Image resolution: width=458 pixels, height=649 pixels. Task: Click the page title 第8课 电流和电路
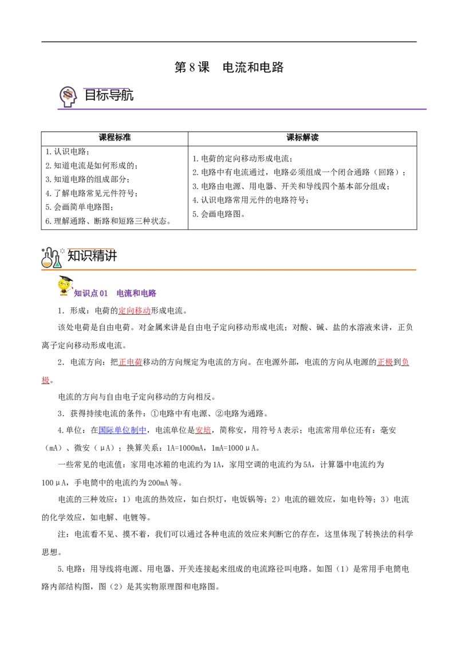[229, 67]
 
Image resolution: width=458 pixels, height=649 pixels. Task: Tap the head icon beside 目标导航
[68, 97]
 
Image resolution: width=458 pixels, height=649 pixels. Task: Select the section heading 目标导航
[109, 95]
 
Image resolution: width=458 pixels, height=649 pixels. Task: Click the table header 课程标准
[114, 138]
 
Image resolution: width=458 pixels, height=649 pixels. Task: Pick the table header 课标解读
[303, 138]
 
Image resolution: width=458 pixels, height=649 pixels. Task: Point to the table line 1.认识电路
[68, 151]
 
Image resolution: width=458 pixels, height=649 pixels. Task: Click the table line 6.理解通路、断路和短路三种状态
[108, 221]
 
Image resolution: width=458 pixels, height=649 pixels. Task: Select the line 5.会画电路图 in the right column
[219, 214]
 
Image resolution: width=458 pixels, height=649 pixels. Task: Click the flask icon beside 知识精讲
[52, 257]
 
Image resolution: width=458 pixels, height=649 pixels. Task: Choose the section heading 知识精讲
[92, 255]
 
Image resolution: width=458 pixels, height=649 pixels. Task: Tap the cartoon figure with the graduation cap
[65, 286]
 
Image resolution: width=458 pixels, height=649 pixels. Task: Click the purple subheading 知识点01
[91, 294]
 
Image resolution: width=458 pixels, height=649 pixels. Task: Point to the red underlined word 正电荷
[131, 362]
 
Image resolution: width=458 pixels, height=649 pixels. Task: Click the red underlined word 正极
[385, 362]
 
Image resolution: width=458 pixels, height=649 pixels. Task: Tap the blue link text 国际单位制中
[123, 431]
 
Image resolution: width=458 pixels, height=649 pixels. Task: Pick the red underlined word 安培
[203, 431]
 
